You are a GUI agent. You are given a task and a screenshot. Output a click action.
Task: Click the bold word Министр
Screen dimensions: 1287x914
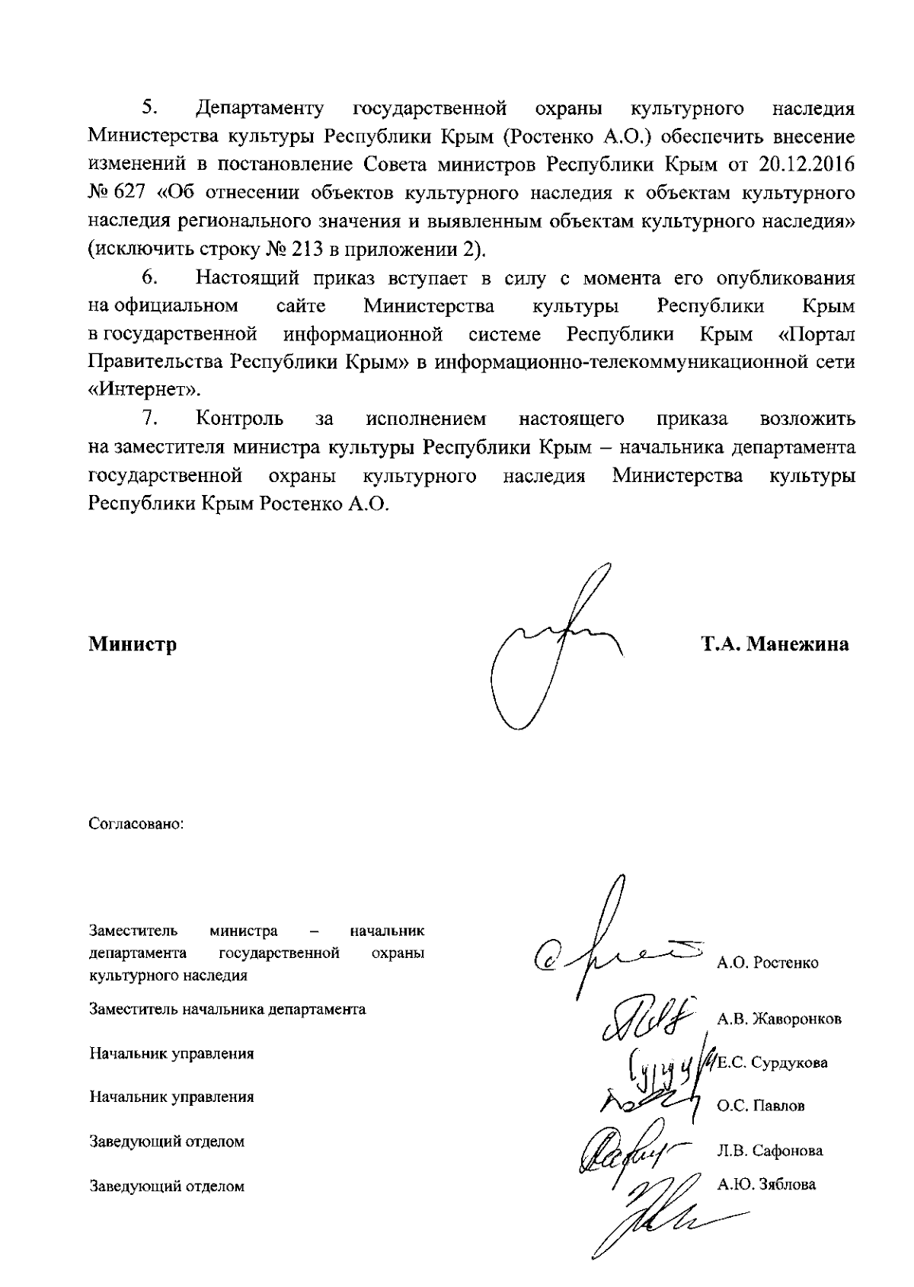133,644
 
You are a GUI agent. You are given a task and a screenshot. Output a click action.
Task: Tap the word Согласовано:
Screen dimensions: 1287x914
137,824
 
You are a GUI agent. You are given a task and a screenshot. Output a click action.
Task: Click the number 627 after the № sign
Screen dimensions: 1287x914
129,193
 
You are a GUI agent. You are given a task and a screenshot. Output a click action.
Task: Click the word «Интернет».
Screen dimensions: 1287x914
145,390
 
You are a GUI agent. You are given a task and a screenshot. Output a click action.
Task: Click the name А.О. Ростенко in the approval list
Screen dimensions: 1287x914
767,963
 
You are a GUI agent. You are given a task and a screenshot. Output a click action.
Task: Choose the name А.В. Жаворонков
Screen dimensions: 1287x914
778,1019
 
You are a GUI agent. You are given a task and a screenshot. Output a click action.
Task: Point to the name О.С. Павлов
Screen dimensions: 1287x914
760,1106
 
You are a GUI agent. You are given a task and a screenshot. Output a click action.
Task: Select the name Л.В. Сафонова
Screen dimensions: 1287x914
769,1151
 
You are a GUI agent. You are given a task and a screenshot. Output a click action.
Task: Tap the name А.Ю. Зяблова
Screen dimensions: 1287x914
766,1184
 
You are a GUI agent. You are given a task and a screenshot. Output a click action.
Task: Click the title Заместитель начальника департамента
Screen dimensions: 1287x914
227,1010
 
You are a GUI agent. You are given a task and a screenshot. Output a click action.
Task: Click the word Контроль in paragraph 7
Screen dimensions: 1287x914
240,419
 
